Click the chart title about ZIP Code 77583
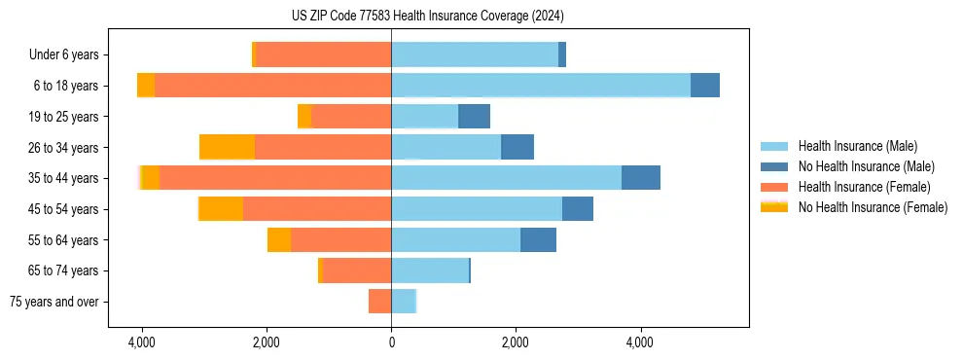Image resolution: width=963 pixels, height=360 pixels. (427, 16)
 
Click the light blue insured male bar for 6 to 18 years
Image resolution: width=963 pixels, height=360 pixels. (541, 86)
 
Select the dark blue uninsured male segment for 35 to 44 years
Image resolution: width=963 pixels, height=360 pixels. (641, 178)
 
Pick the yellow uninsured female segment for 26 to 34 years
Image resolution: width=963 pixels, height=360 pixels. (227, 147)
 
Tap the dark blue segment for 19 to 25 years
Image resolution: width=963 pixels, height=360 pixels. (474, 117)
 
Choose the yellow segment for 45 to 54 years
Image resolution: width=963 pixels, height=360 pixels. (221, 209)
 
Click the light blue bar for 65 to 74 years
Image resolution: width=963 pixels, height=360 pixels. (430, 270)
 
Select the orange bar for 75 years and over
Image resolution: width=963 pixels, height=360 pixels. (379, 302)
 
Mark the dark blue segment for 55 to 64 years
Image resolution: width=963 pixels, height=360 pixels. (538, 239)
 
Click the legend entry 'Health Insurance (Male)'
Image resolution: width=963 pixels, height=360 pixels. (857, 146)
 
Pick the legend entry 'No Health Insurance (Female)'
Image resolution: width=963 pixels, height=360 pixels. (873, 207)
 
